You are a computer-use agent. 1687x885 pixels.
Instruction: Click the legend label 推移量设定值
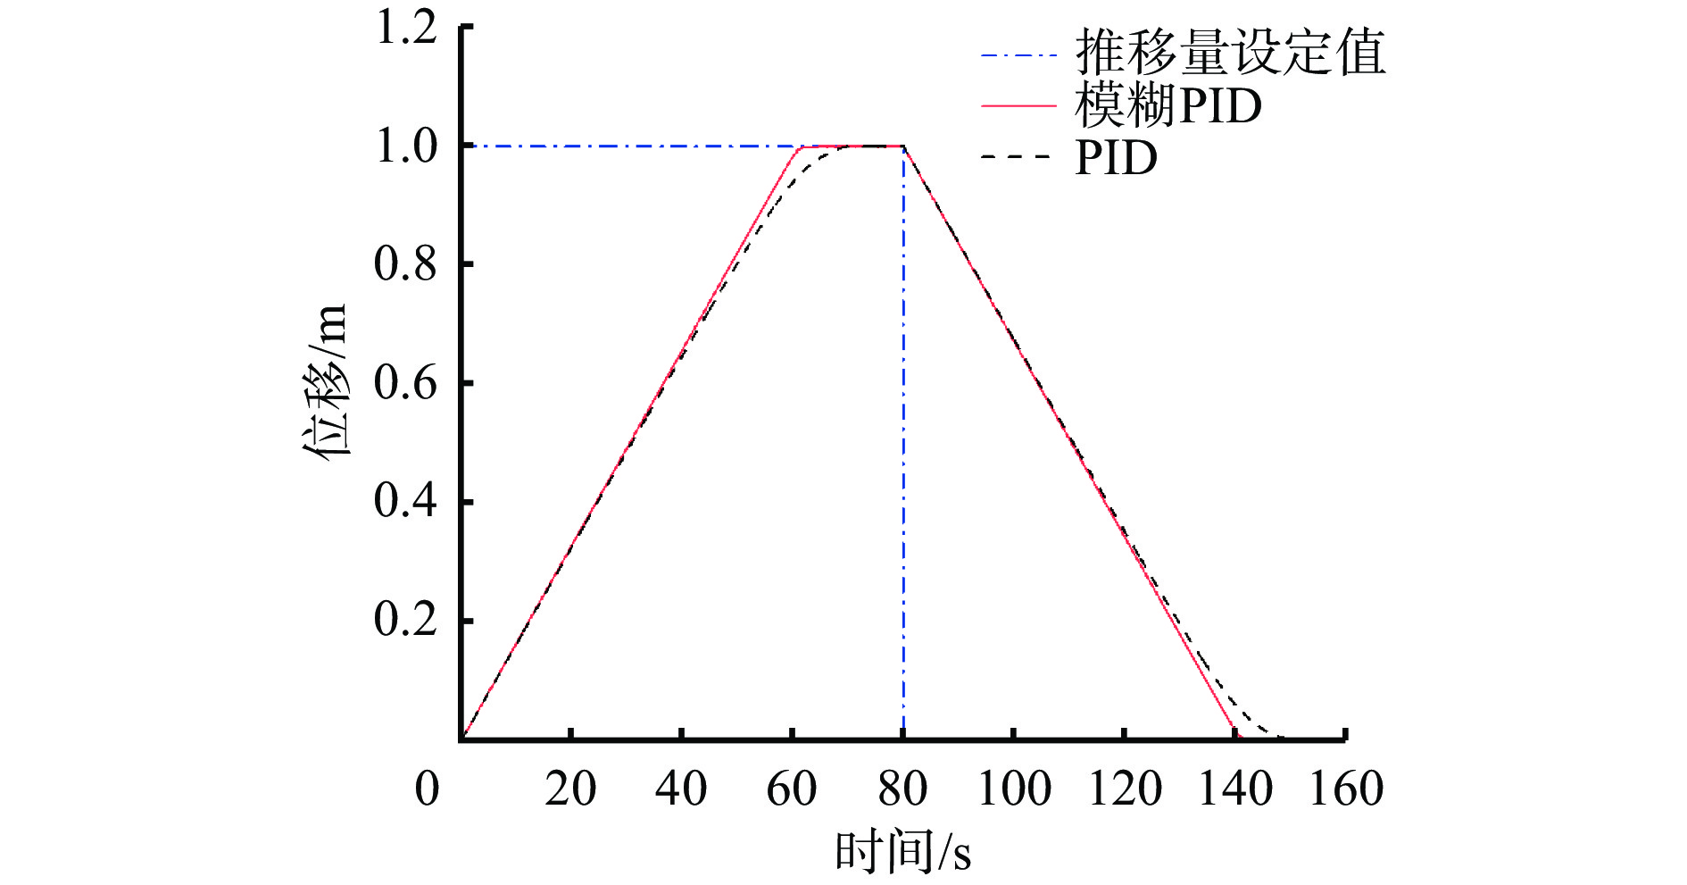(1230, 53)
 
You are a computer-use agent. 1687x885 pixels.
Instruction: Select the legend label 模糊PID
(1168, 106)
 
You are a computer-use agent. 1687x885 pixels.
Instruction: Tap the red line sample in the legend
(1018, 106)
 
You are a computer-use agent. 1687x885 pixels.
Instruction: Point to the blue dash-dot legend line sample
(1018, 55)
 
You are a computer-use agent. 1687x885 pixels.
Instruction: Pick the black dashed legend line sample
(1018, 158)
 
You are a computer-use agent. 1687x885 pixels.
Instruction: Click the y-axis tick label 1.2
(406, 27)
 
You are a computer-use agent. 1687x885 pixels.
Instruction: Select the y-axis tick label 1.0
(406, 146)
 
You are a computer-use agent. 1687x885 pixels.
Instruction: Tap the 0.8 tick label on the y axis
(406, 264)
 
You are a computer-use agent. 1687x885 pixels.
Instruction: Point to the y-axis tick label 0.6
(406, 383)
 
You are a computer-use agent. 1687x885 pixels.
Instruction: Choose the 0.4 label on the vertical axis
(406, 501)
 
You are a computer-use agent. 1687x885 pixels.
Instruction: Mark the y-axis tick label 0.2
(406, 620)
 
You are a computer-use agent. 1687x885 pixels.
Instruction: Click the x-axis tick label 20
(570, 789)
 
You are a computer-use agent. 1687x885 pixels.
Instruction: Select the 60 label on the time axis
(792, 789)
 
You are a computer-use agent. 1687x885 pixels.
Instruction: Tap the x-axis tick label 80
(902, 789)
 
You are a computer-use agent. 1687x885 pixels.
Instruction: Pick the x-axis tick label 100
(1014, 789)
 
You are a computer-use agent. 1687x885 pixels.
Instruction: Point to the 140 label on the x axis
(1234, 789)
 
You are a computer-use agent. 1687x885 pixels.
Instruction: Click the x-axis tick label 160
(1346, 789)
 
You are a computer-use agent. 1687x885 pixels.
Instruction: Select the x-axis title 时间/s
(902, 851)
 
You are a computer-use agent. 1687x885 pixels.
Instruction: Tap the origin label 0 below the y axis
(428, 789)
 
